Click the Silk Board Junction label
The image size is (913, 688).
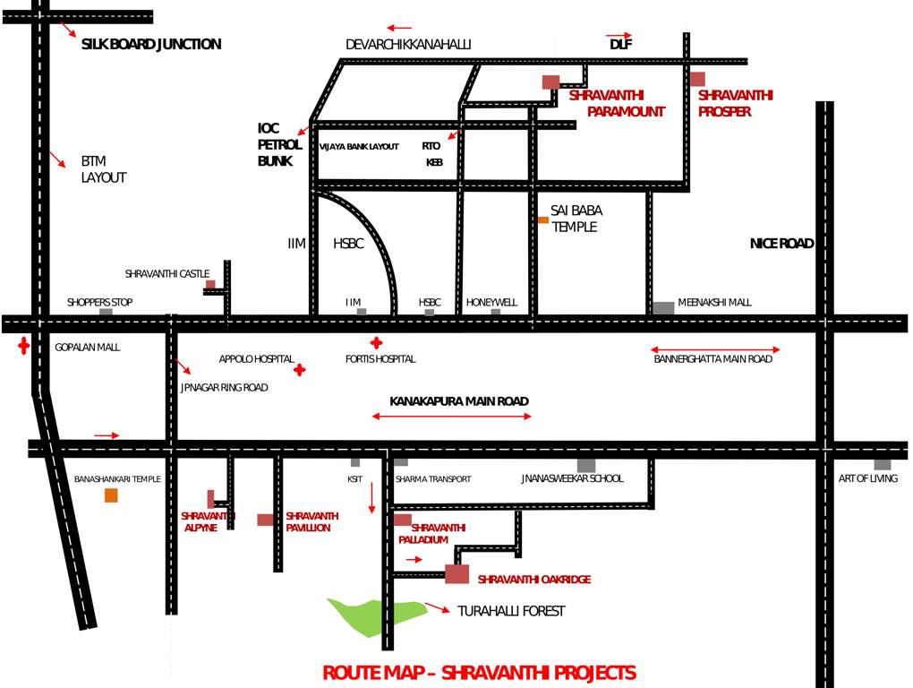150,44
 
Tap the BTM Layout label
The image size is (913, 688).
104,169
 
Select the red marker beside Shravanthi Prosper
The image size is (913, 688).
697,79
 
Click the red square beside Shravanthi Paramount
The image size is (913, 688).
550,82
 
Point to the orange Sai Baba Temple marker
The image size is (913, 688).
542,219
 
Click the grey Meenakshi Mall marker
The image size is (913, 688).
663,307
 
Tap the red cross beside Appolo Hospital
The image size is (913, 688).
300,369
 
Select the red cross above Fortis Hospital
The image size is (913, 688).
377,342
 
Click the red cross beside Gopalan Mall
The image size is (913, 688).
23,347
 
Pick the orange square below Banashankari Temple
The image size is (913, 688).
111,495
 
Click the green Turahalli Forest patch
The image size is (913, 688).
376,615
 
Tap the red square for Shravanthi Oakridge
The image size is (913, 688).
456,574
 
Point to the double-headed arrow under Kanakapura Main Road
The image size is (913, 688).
452,417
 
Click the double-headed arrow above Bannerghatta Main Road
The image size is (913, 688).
715,349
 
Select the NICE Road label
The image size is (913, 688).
781,243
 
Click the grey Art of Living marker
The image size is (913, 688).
883,464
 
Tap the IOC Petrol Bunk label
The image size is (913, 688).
274,145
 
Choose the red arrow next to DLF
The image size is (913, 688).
619,35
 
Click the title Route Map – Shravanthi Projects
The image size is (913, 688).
479,673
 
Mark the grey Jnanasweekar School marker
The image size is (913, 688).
586,465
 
